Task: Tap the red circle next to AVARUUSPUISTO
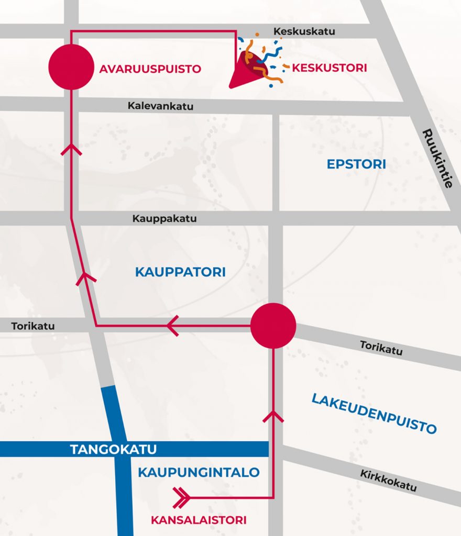pos(71,67)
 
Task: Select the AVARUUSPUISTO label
pos(150,69)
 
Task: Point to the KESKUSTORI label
pos(329,68)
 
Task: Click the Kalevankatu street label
pos(160,106)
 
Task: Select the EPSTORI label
pos(356,164)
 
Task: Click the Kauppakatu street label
pos(164,218)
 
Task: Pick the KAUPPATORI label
pos(180,272)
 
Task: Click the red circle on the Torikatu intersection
pos(273,326)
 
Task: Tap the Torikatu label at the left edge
pos(32,326)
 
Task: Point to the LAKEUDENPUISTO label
pos(374,413)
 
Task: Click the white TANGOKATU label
pos(113,449)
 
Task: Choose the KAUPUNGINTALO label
pos(199,472)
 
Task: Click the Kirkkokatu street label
pos(388,480)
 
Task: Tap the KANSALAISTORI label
pos(198,520)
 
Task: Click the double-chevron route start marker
pos(181,497)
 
